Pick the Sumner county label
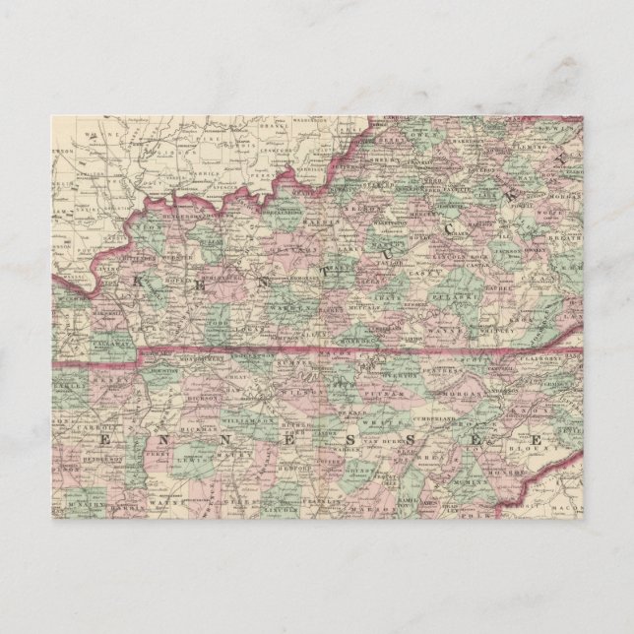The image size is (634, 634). (292, 366)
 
